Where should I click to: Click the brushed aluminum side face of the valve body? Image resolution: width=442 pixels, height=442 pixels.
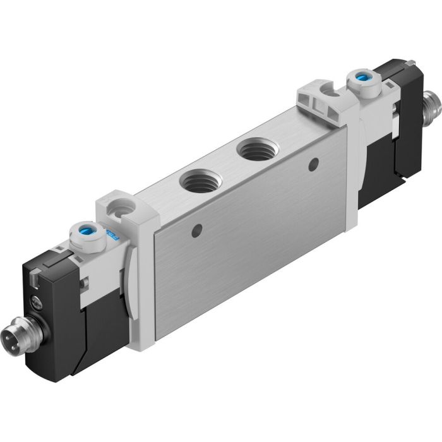pyautogui.click(x=253, y=234)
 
